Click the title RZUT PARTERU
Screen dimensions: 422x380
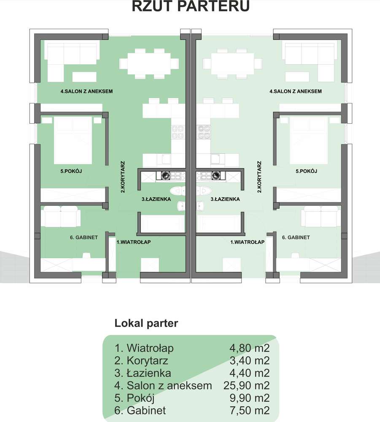pyautogui.click(x=190, y=6)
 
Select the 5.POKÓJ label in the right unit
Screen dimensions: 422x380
pyautogui.click(x=306, y=171)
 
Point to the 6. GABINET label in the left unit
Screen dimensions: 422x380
pyautogui.click(x=84, y=237)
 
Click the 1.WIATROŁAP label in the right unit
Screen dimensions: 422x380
pyautogui.click(x=247, y=242)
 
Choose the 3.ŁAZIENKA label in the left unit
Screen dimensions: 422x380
pyautogui.click(x=156, y=199)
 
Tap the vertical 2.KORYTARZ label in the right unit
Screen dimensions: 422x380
pyautogui.click(x=259, y=177)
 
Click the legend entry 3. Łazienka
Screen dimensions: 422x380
pyautogui.click(x=143, y=373)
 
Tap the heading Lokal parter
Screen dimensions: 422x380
pyautogui.click(x=146, y=324)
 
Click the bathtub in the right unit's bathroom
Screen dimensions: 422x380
pyautogui.click(x=218, y=223)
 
